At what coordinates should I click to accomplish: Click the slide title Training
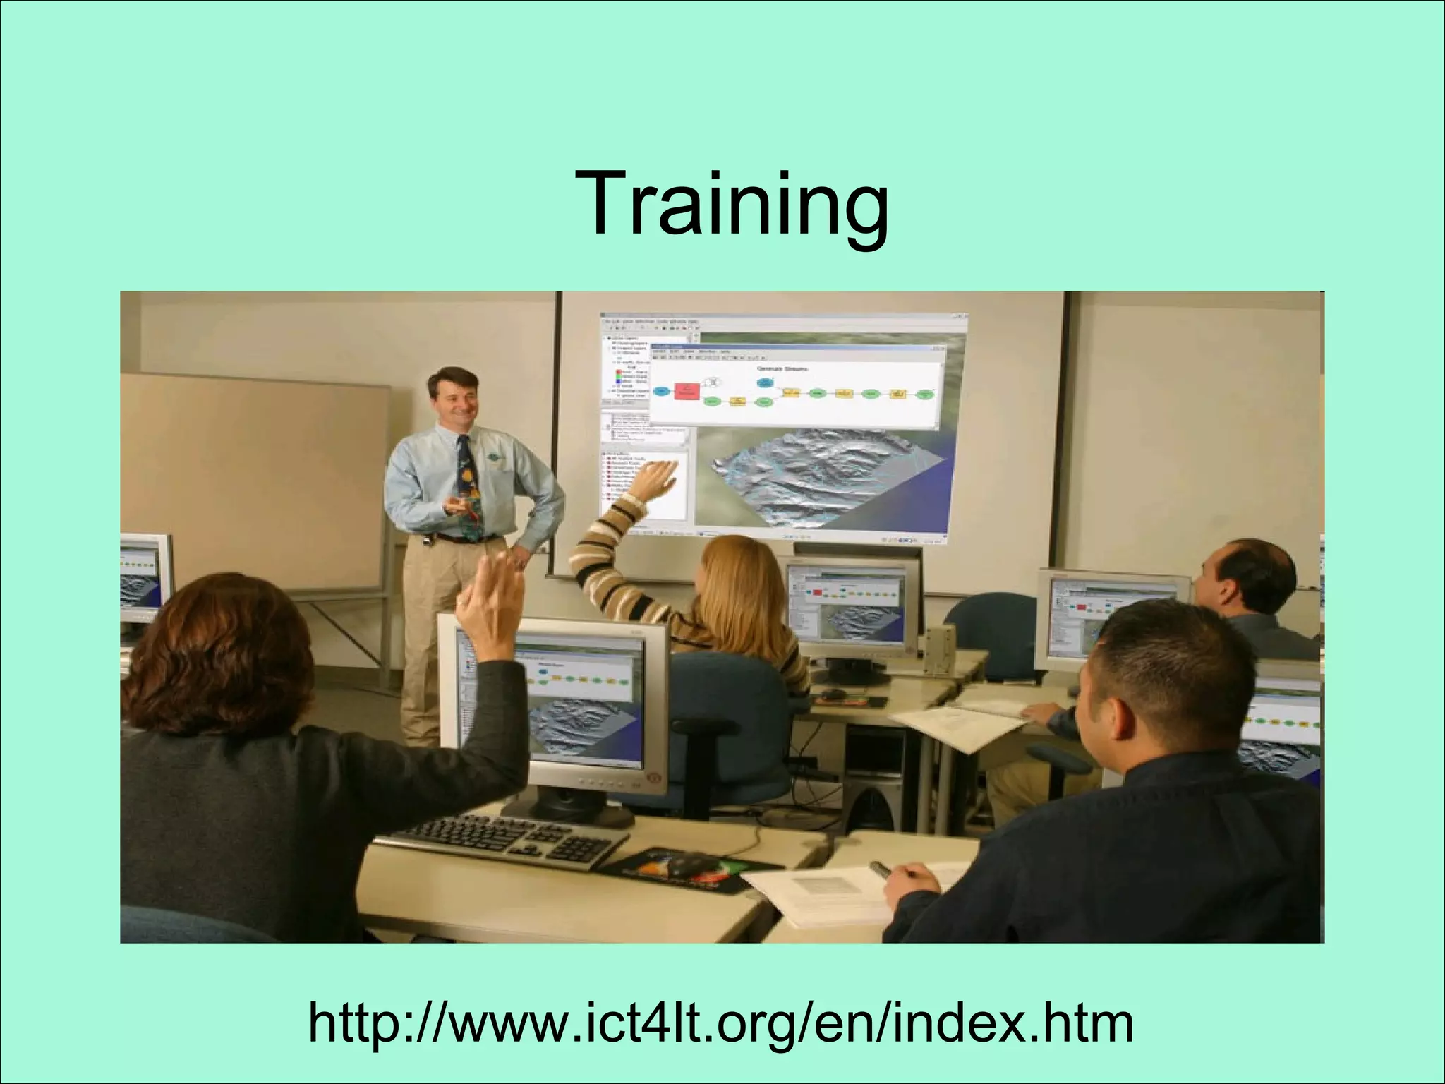732,201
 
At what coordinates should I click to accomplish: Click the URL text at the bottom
721,1024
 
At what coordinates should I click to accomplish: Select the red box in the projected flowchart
684,391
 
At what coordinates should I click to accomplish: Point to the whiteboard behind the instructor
254,480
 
